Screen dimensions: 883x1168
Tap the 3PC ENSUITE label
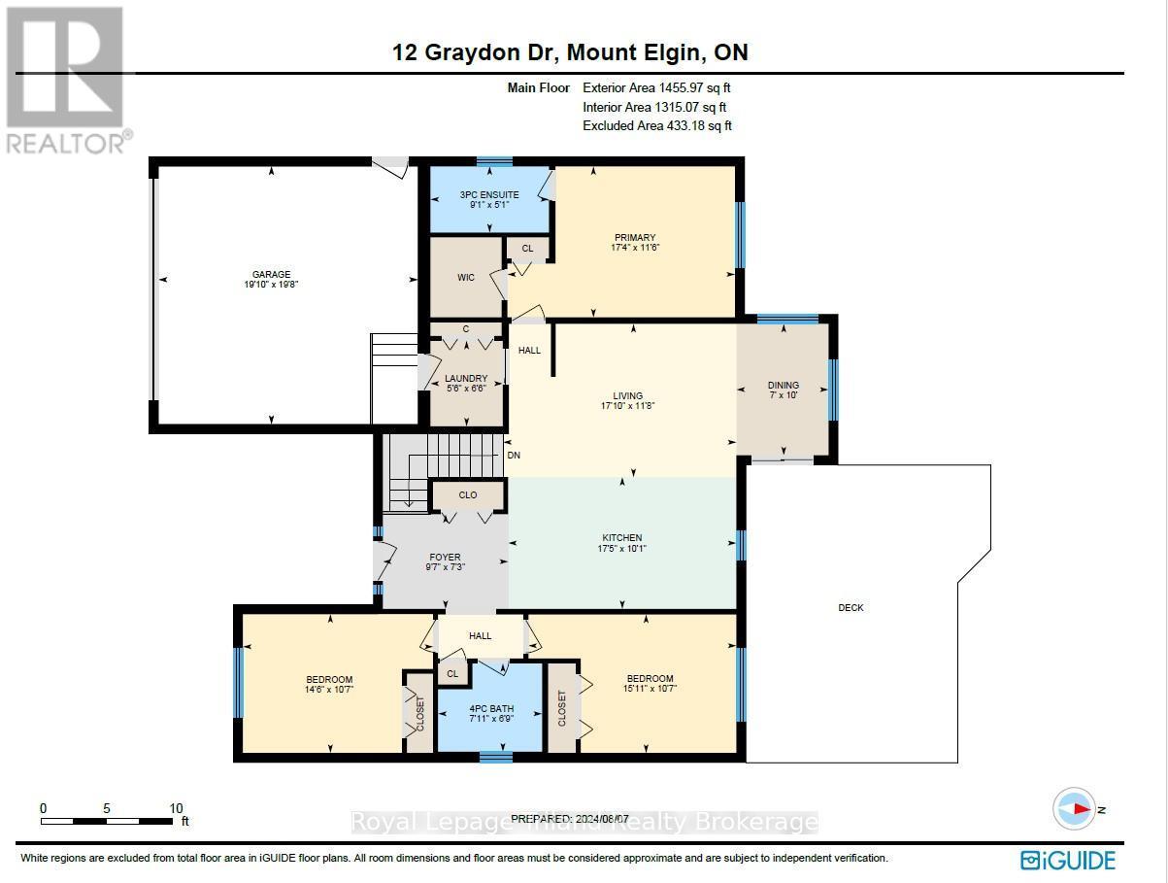pyautogui.click(x=488, y=195)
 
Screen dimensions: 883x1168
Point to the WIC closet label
pyautogui.click(x=466, y=279)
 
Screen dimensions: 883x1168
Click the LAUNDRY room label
pyautogui.click(x=466, y=379)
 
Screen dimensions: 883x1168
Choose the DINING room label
pyautogui.click(x=783, y=385)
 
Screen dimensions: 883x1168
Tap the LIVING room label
pyautogui.click(x=627, y=396)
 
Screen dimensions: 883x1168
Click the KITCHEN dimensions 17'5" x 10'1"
pyautogui.click(x=621, y=549)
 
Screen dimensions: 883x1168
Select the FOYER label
pyautogui.click(x=445, y=558)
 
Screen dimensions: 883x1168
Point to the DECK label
pyautogui.click(x=851, y=608)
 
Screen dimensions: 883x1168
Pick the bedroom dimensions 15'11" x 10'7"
pyautogui.click(x=650, y=689)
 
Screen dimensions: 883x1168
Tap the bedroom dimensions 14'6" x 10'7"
pyautogui.click(x=330, y=690)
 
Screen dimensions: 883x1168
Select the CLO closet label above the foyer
pyautogui.click(x=468, y=495)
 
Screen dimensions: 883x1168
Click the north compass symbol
pyautogui.click(x=1077, y=808)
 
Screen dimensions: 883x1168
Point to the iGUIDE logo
pyautogui.click(x=1068, y=860)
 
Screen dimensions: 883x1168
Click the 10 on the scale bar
pyautogui.click(x=176, y=808)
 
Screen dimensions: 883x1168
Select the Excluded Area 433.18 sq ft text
pyautogui.click(x=656, y=126)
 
